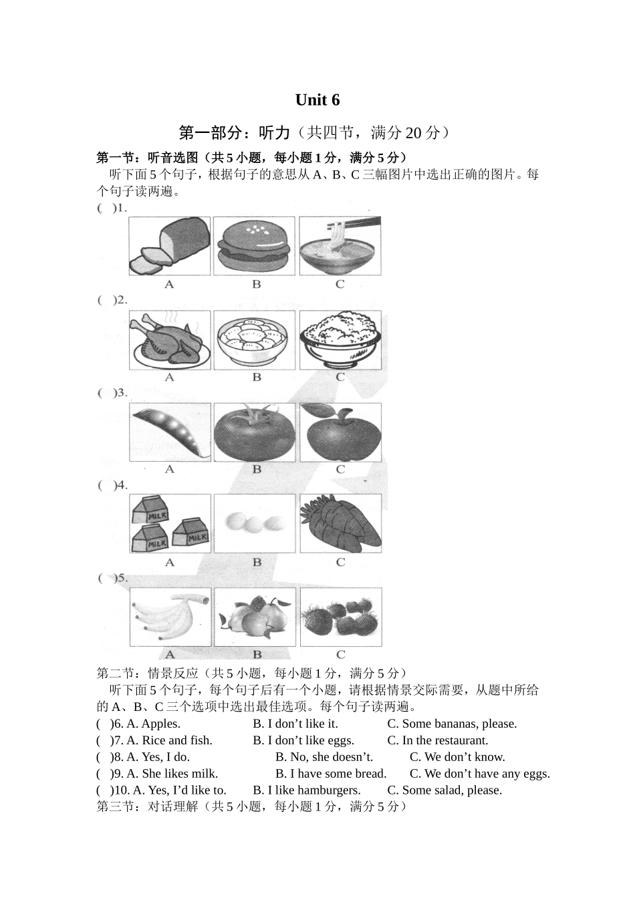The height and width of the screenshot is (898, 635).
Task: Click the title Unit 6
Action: click(x=317, y=100)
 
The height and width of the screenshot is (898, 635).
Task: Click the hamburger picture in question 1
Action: click(x=254, y=246)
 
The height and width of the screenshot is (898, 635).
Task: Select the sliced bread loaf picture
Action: click(x=170, y=246)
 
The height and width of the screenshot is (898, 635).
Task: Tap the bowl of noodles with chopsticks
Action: click(x=340, y=246)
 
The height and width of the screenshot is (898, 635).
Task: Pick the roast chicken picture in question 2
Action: click(x=170, y=340)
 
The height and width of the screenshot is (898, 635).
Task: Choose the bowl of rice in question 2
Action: click(x=341, y=340)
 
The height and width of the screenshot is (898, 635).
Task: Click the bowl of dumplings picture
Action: click(x=254, y=340)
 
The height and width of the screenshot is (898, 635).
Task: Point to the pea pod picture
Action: click(x=170, y=432)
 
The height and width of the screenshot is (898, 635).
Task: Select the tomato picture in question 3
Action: click(x=255, y=432)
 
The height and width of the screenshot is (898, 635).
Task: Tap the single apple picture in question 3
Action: click(x=341, y=432)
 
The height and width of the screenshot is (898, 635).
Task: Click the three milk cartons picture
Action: click(x=170, y=524)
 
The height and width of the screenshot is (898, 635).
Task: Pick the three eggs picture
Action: click(x=255, y=524)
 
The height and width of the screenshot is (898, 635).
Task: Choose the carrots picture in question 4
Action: click(x=341, y=524)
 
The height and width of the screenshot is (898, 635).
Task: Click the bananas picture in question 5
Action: click(x=170, y=617)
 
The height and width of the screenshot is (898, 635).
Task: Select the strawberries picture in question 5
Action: click(x=341, y=617)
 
